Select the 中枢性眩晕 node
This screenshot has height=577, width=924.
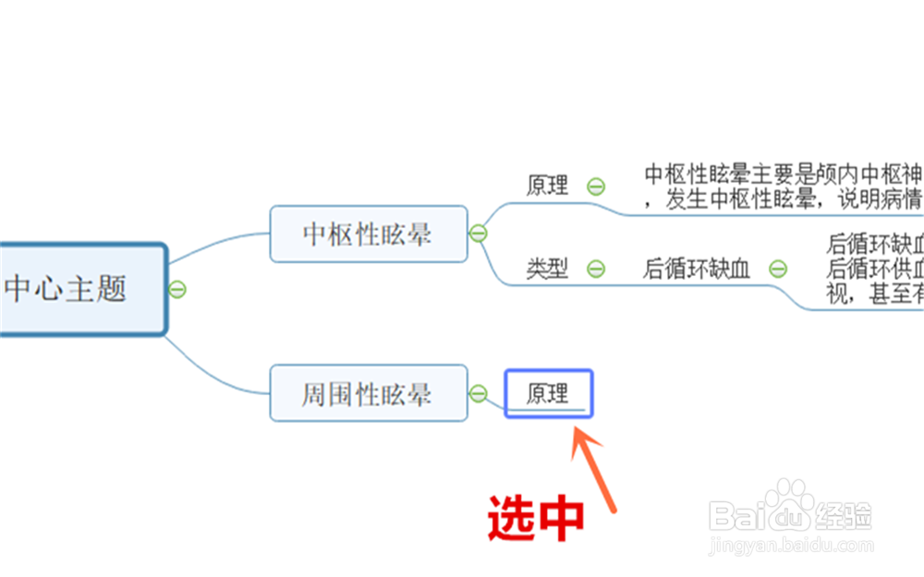(368, 234)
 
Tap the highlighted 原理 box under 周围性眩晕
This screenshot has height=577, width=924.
(549, 394)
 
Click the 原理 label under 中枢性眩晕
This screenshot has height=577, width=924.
(547, 186)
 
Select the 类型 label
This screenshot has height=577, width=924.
(547, 269)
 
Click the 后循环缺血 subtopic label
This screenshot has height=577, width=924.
(697, 269)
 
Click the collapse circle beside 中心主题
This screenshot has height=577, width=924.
(177, 289)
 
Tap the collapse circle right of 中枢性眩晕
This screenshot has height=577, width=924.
(478, 234)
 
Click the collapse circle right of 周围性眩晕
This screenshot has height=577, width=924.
(478, 394)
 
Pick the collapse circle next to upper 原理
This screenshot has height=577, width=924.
(596, 186)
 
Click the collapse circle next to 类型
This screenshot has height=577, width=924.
(596, 269)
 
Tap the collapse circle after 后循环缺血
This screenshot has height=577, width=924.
(778, 269)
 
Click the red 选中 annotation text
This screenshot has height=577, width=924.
(536, 517)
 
